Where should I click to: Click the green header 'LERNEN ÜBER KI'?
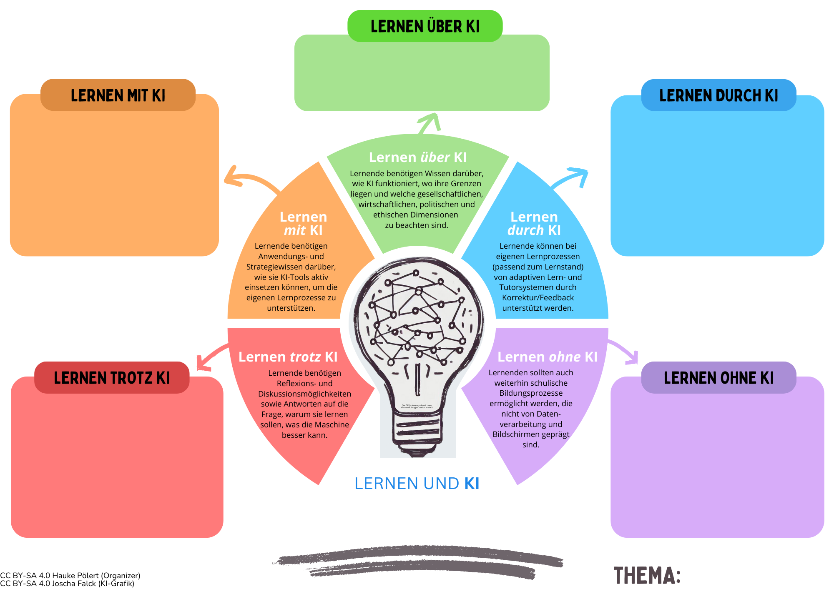click(425, 26)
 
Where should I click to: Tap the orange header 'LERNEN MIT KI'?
click(118, 95)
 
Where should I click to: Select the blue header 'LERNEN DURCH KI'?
click(718, 95)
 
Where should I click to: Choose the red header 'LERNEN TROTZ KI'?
click(112, 378)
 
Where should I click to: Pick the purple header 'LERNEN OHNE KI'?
click(718, 378)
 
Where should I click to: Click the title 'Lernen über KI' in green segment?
click(417, 157)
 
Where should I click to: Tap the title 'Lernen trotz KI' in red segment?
click(288, 357)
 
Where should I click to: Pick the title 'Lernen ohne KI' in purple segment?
click(547, 357)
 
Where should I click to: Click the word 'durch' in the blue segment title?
click(525, 230)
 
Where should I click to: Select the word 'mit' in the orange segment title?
click(294, 230)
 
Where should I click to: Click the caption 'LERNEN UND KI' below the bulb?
click(417, 483)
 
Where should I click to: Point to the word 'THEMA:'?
click(647, 576)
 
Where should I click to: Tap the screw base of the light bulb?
click(417, 433)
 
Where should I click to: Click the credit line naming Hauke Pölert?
click(70, 576)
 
